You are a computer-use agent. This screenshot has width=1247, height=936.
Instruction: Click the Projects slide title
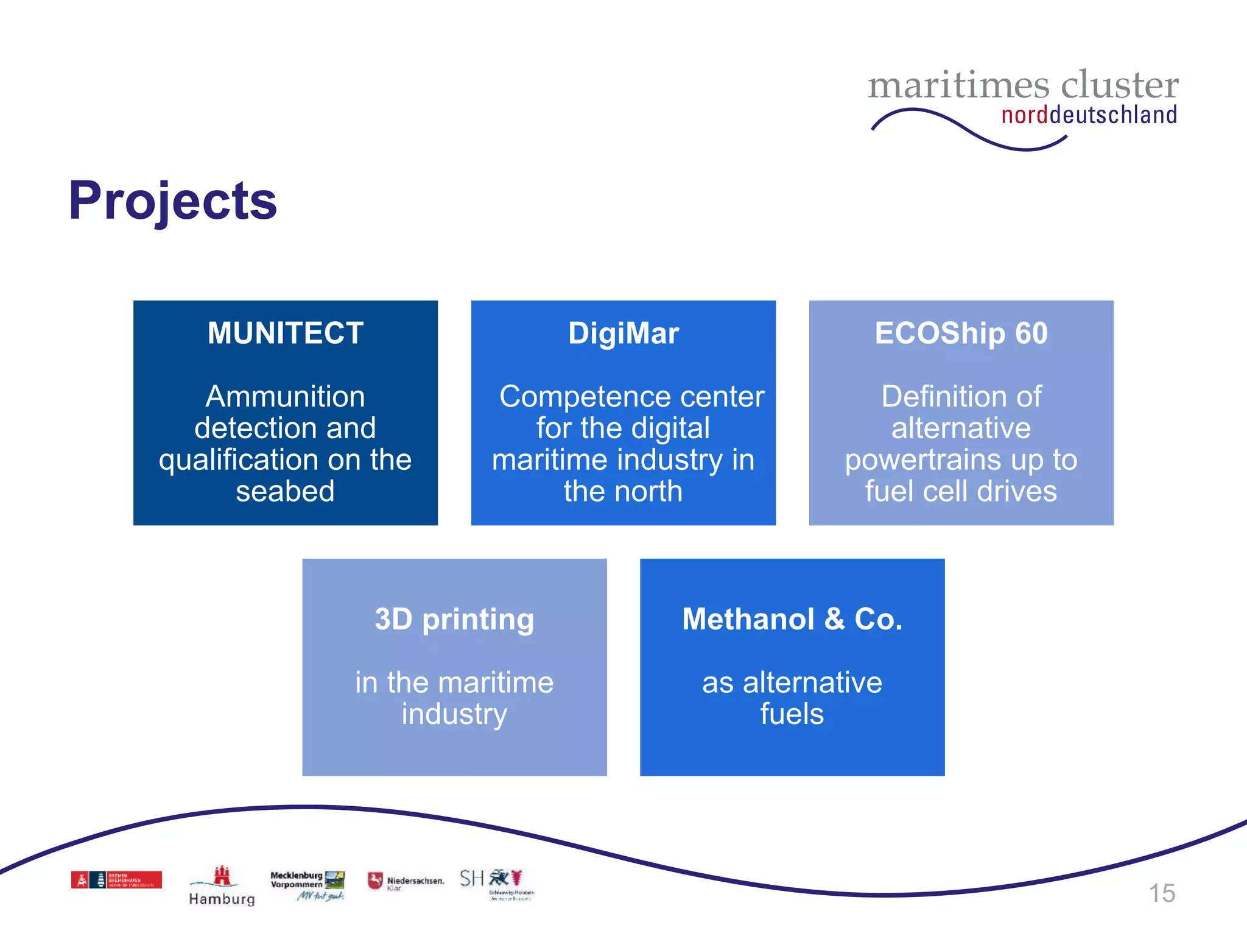tap(173, 201)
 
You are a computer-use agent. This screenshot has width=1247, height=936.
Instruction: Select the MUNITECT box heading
tap(286, 333)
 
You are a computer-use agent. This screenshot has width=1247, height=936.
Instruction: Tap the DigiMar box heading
tap(623, 333)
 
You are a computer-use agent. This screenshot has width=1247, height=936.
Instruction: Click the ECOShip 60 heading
tap(961, 333)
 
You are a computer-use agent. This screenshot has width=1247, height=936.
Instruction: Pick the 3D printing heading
tap(454, 620)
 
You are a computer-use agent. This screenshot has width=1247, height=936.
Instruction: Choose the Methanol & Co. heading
tap(792, 619)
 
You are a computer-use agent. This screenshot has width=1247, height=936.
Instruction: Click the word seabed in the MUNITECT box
tap(285, 491)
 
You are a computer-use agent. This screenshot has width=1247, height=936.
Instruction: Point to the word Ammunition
tap(285, 397)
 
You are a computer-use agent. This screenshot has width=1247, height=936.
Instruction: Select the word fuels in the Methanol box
tap(792, 714)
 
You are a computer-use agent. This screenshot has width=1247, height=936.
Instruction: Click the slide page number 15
tap(1162, 893)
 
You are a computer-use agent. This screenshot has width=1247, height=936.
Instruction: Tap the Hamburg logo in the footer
tap(222, 887)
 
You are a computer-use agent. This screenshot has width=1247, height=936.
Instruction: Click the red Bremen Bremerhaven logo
tap(116, 880)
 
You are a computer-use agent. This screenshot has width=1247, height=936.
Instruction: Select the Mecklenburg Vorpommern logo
tap(307, 885)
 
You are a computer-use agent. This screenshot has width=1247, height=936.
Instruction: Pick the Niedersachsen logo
tap(406, 881)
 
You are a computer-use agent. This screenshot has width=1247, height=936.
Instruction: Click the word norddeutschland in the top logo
tap(1089, 115)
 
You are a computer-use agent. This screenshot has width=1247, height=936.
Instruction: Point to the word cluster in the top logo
tap(1119, 85)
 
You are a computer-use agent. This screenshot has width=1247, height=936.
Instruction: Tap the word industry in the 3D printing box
tap(454, 714)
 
